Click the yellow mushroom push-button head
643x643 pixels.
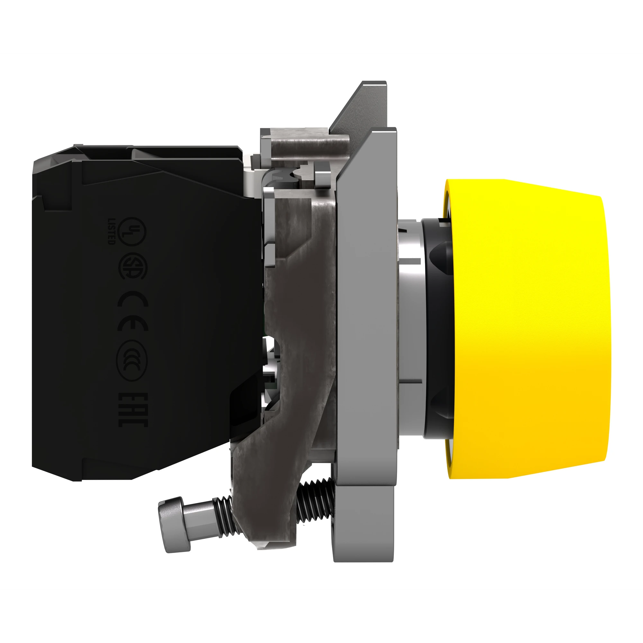coord(529,330)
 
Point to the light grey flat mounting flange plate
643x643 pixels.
coord(366,300)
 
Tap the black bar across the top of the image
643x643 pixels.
coord(321,25)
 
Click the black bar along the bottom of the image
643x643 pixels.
coord(321,617)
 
